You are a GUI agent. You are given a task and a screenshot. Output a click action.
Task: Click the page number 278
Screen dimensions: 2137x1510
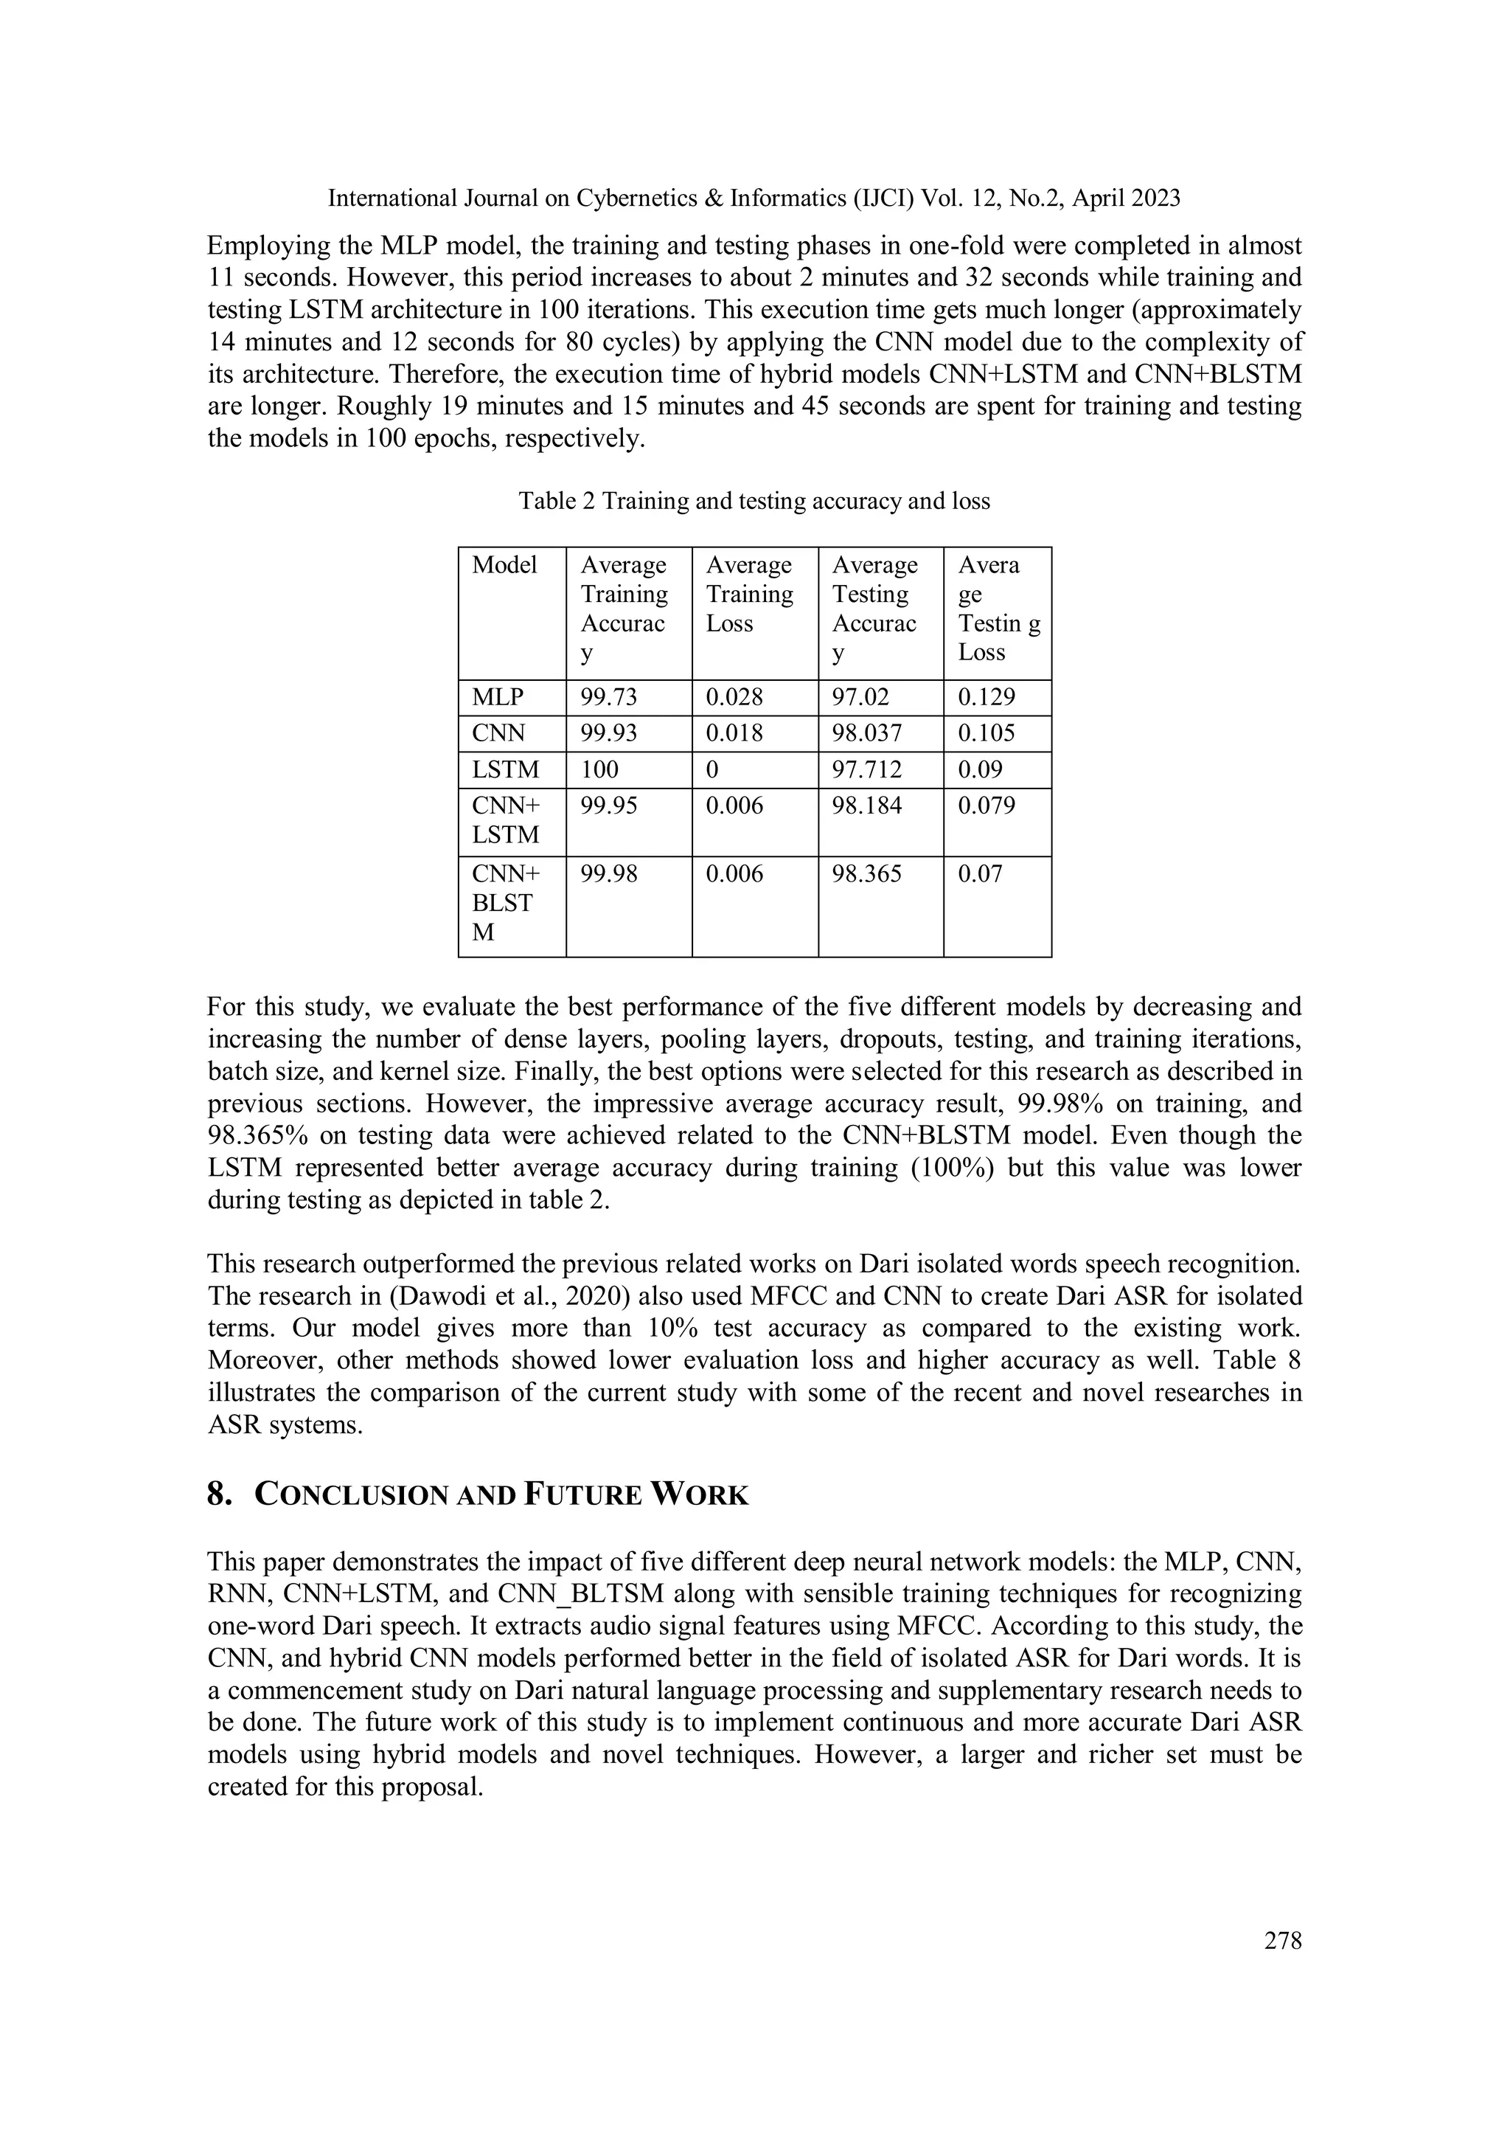pos(1282,1940)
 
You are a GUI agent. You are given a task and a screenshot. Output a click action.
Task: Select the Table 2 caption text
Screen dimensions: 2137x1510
pos(754,501)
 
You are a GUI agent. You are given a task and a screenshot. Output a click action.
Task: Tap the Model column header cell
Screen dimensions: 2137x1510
pos(504,565)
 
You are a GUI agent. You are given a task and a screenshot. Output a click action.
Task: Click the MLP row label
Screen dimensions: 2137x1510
pos(498,697)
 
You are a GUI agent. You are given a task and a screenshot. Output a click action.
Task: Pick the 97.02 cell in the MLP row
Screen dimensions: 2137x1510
pos(860,697)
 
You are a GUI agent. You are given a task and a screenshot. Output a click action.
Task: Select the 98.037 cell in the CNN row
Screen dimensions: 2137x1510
pos(866,733)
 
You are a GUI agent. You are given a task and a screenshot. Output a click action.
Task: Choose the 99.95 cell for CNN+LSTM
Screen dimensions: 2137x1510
pos(610,806)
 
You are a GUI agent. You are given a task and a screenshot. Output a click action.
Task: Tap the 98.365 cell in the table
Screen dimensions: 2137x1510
pos(866,874)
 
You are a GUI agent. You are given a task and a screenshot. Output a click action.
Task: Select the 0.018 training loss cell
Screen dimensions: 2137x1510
pos(734,733)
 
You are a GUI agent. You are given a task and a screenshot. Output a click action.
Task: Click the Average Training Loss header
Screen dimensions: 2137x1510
pos(749,594)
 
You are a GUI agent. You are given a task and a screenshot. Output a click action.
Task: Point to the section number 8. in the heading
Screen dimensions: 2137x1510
pos(220,1494)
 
